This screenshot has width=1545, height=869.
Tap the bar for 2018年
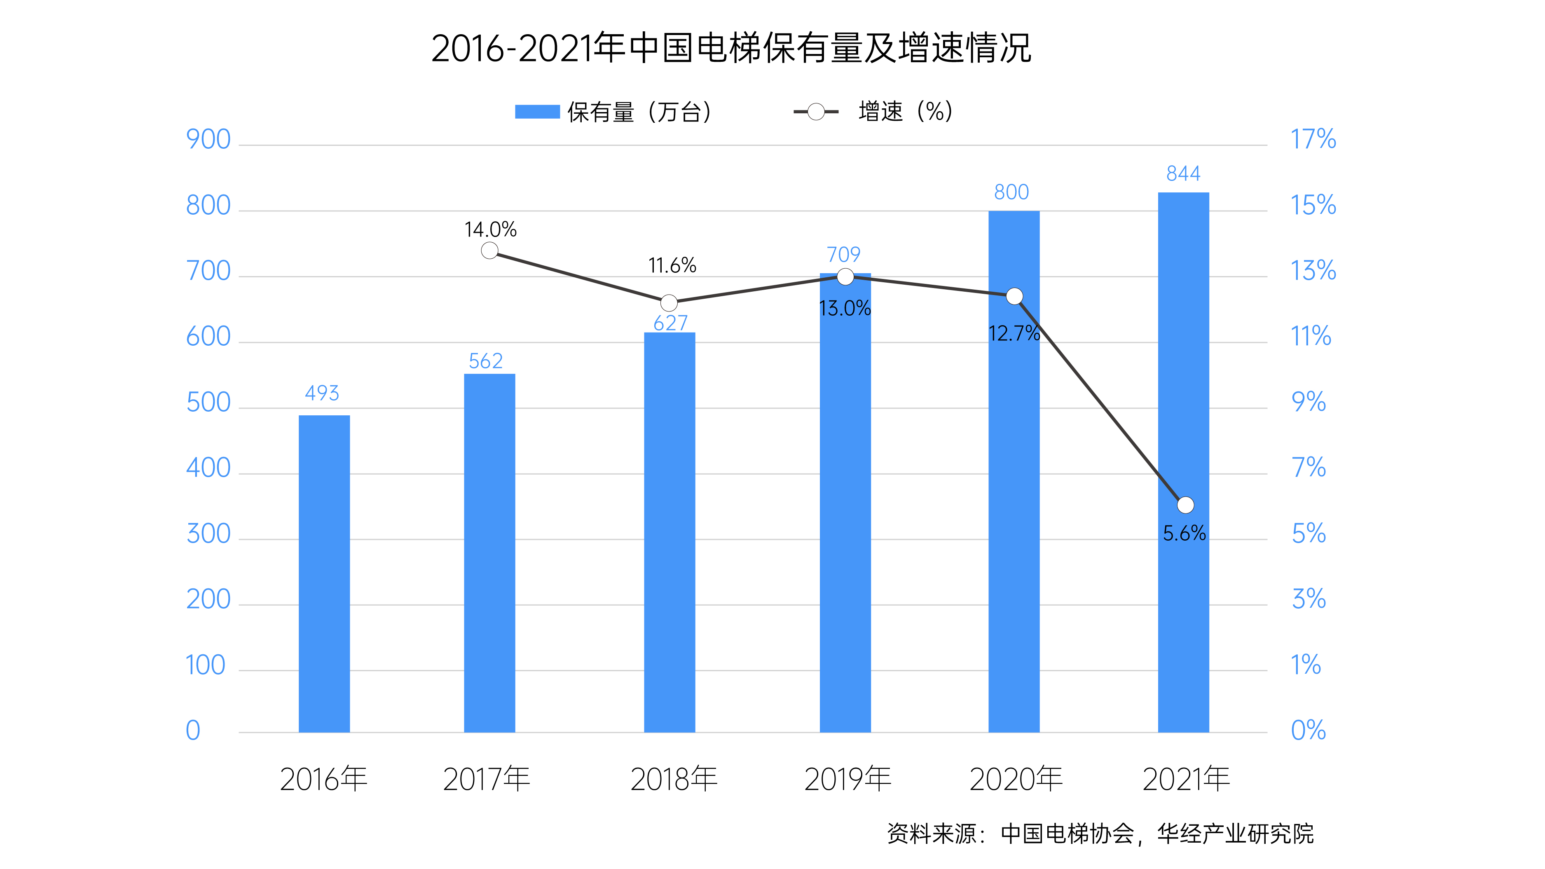pos(669,532)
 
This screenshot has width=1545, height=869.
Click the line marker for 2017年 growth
pos(489,251)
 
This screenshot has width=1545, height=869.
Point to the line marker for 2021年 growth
pos(1185,505)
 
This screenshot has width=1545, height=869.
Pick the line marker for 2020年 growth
pos(1014,296)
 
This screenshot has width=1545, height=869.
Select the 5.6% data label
pos(1184,533)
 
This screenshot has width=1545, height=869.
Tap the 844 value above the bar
pos(1183,174)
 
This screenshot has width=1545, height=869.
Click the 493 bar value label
pos(322,394)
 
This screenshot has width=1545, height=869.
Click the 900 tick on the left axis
pos(208,140)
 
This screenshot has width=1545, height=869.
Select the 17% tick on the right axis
pos(1313,140)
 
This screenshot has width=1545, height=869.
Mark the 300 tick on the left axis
pos(208,534)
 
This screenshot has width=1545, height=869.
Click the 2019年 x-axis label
pos(847,779)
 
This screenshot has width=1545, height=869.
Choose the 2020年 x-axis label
pos(1016,779)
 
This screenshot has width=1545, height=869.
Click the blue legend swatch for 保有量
pos(537,112)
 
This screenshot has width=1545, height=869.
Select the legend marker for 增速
pos(816,112)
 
